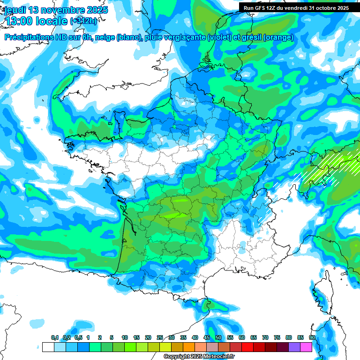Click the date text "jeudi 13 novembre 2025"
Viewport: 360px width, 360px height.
[55, 10]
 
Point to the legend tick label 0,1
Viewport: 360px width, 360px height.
[55, 338]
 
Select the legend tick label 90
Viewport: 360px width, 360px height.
[312, 338]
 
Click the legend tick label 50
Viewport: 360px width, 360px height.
[218, 338]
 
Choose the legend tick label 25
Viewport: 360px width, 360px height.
[160, 338]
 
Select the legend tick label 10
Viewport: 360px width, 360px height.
[125, 338]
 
